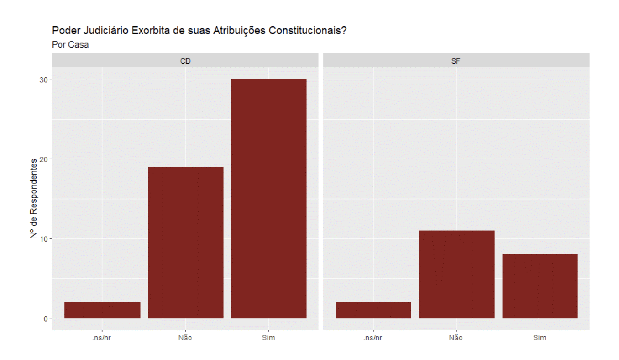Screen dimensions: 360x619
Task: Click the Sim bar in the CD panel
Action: [269, 199]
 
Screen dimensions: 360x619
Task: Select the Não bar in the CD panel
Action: [186, 243]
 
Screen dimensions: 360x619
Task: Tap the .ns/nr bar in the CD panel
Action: [102, 310]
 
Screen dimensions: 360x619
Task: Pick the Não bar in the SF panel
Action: [456, 275]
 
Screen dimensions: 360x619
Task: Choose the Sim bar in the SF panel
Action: [540, 286]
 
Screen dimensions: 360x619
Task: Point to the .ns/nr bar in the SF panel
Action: [373, 310]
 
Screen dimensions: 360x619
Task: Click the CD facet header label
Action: [185, 60]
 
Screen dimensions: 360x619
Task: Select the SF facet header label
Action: [456, 60]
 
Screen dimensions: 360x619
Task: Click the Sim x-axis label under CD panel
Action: [269, 338]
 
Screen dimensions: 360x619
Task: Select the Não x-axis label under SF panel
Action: [456, 338]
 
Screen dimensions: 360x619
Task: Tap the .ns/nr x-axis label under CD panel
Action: [102, 338]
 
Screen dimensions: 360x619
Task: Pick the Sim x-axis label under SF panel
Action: [540, 338]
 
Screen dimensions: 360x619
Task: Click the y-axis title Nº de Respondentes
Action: [33, 199]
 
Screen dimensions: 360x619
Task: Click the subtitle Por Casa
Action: [70, 45]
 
